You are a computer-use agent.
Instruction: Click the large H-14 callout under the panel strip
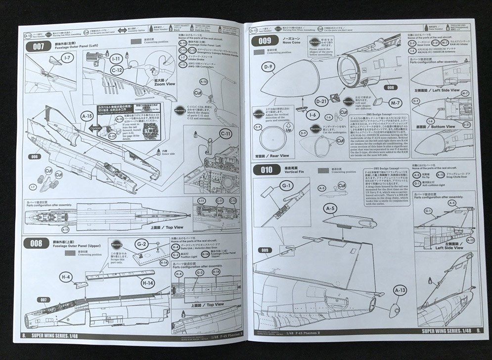pos(147,282)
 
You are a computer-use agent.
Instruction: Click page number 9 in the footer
pos(479,330)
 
